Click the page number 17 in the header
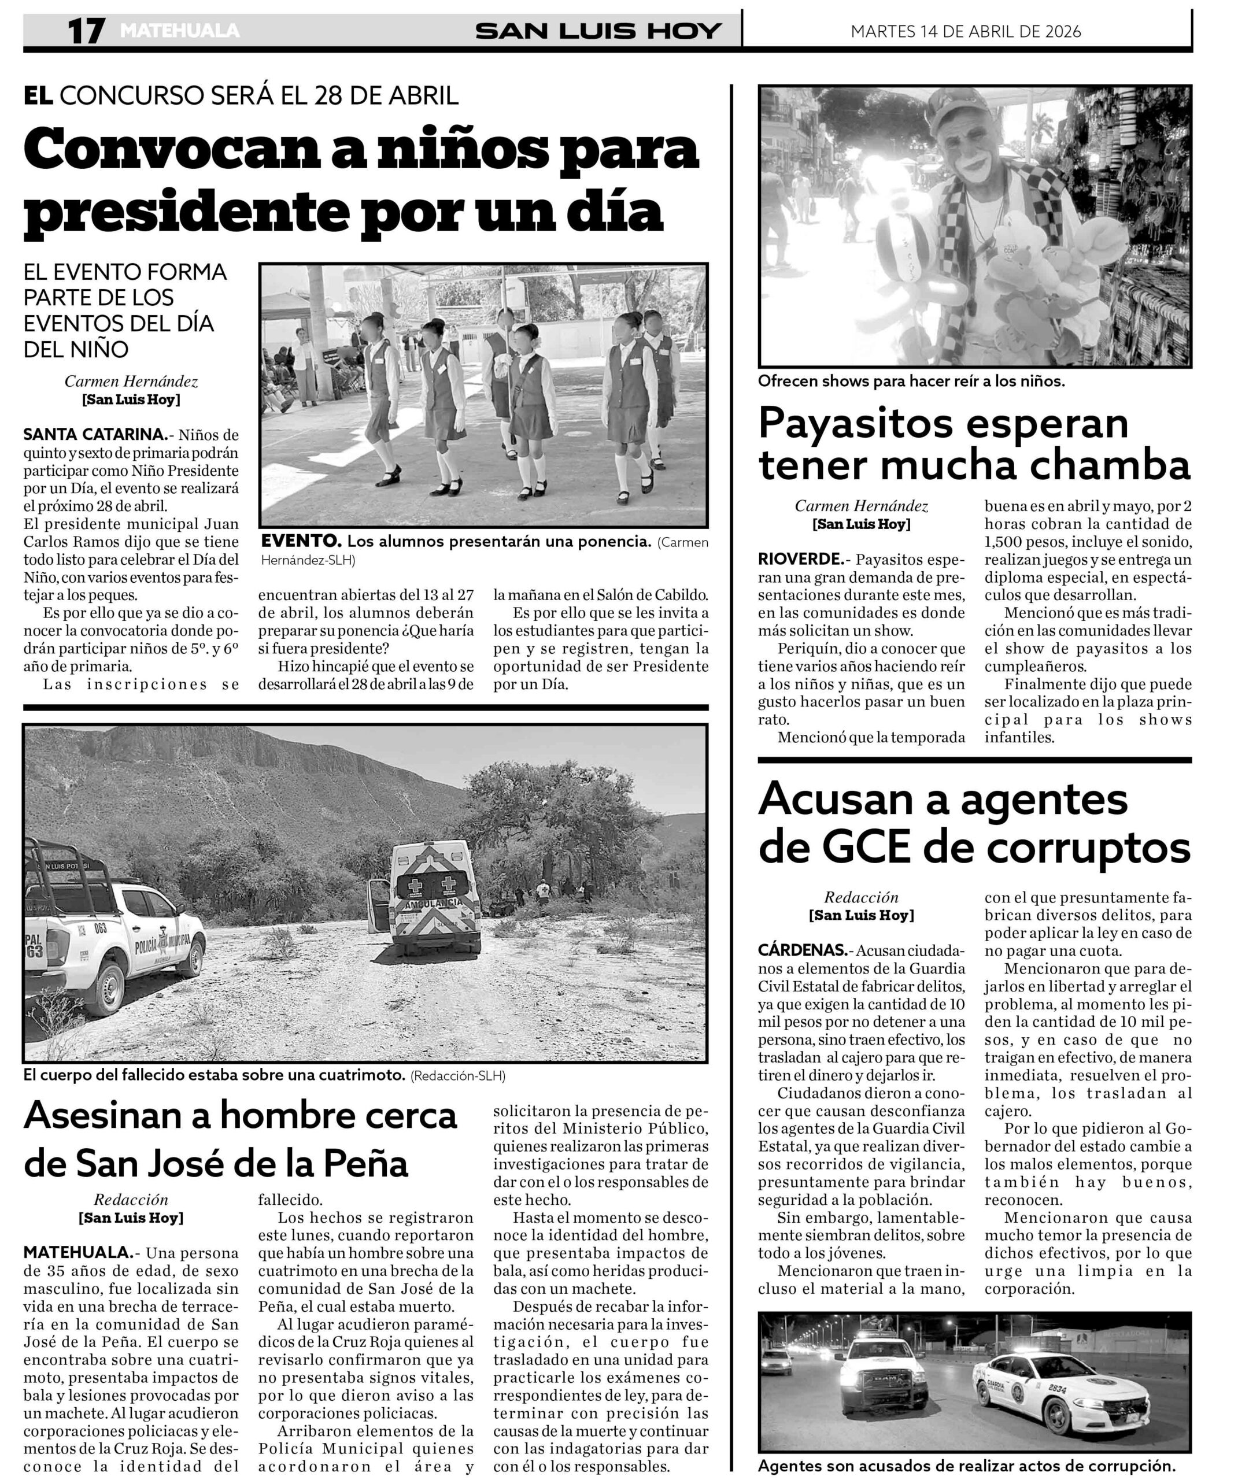click(86, 31)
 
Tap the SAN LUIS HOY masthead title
click(598, 31)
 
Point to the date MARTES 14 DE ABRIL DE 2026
click(965, 32)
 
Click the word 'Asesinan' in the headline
click(116, 1116)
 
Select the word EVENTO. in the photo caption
click(301, 541)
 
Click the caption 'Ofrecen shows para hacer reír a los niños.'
click(911, 382)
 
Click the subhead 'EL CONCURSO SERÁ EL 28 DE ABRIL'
click(241, 95)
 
